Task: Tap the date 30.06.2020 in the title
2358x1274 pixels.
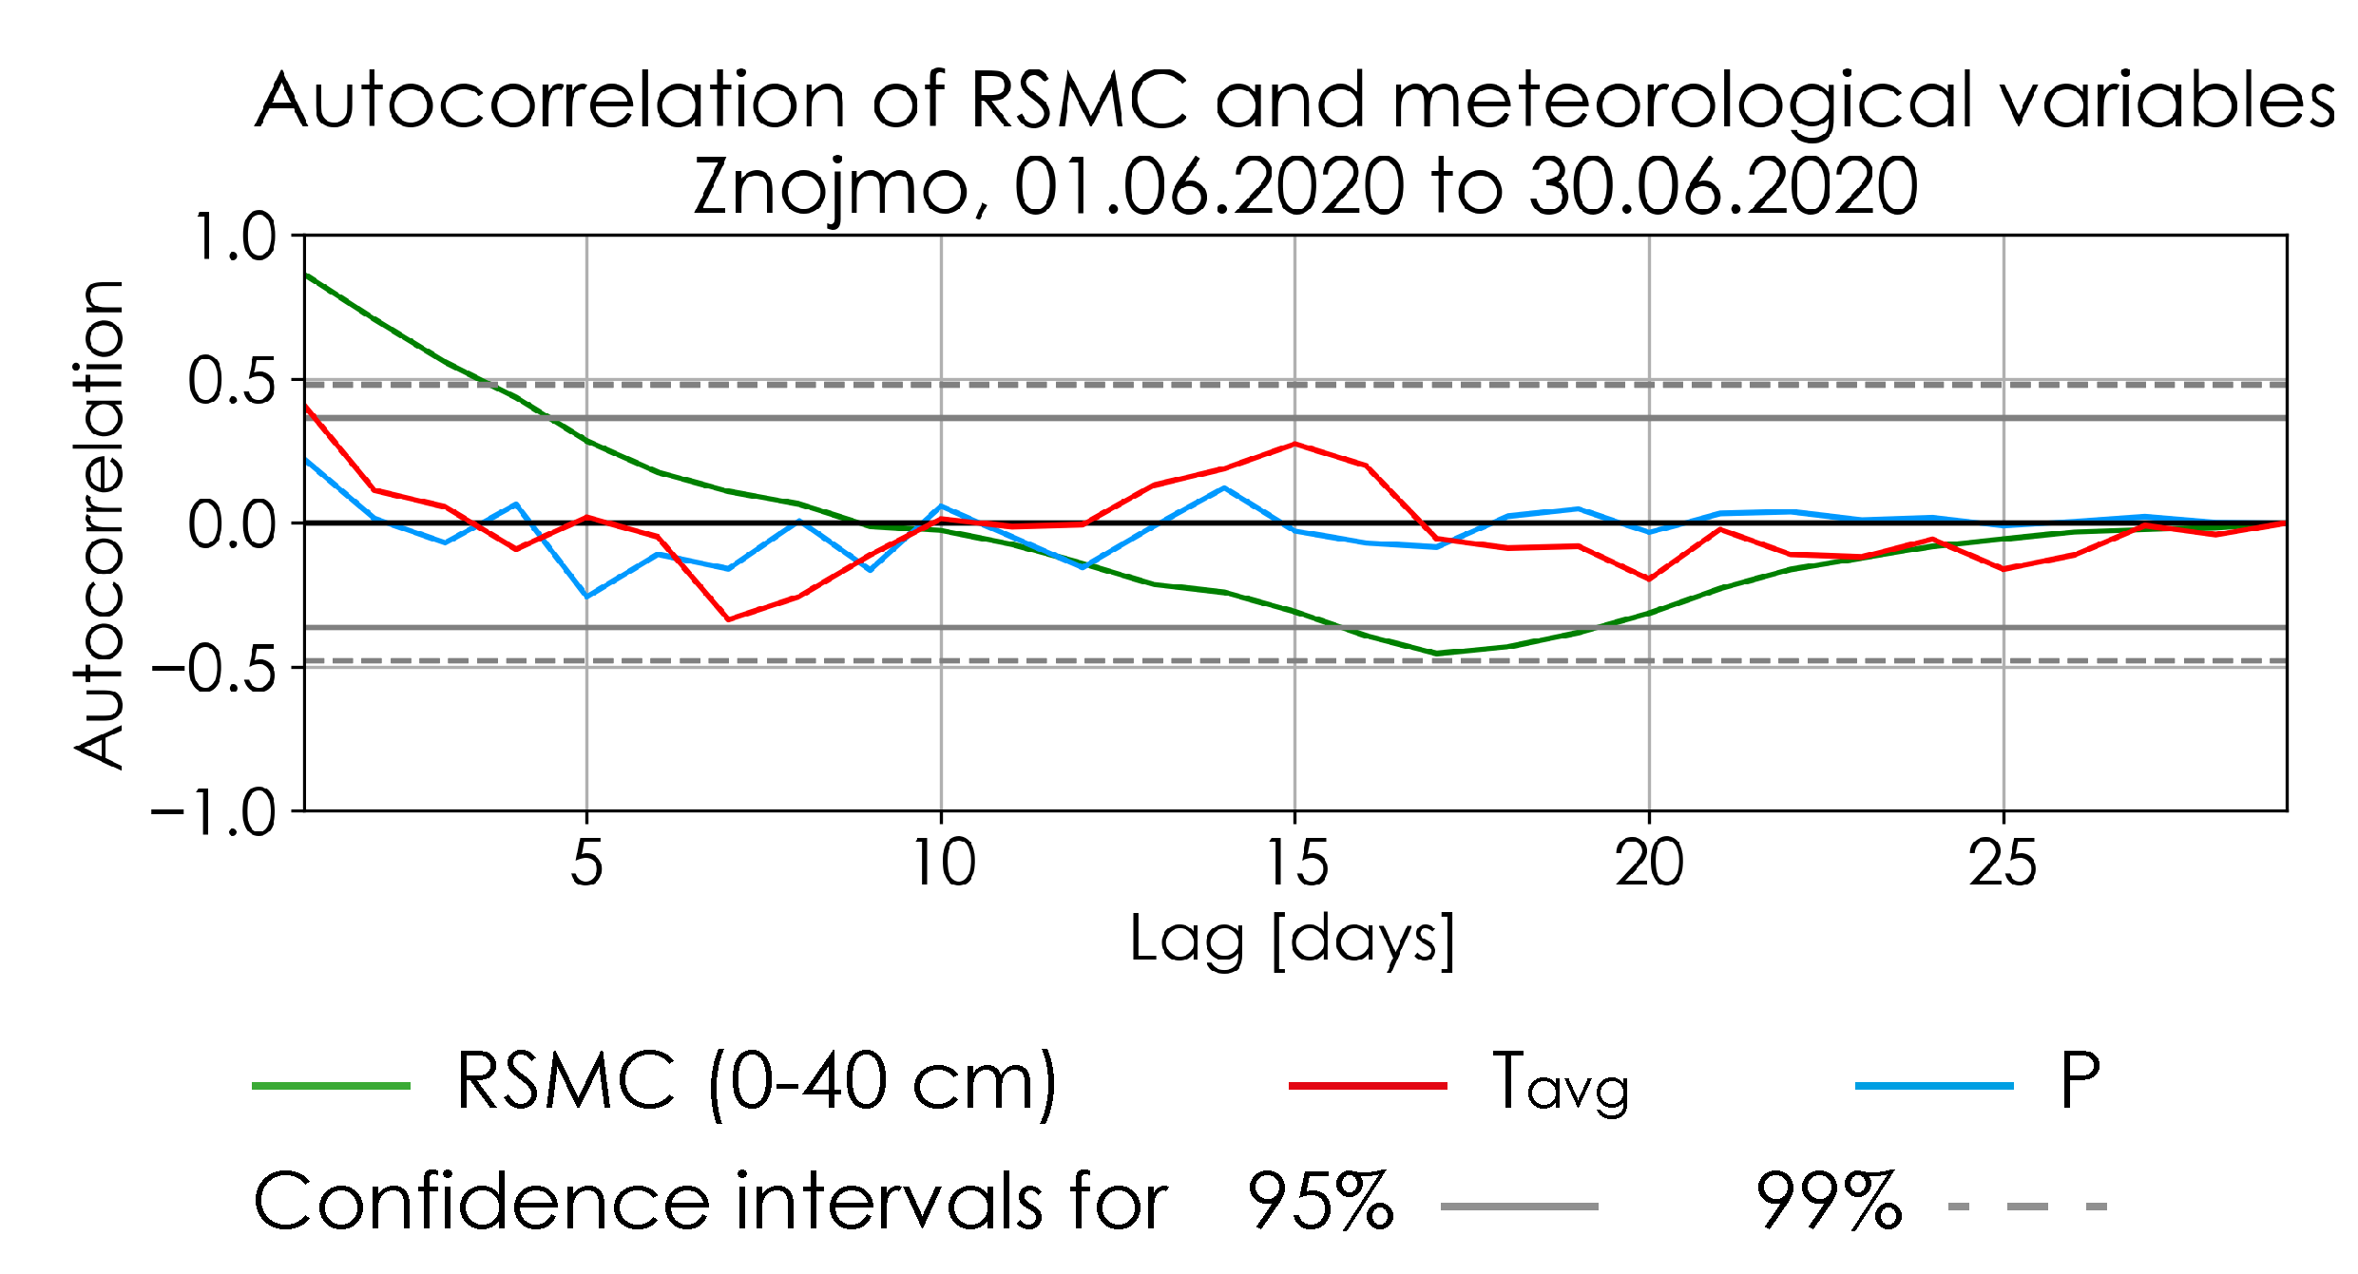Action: (x=1723, y=185)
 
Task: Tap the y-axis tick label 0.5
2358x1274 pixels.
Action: (x=232, y=381)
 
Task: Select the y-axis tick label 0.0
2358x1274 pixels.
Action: (x=232, y=524)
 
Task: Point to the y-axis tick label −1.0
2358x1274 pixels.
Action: (x=213, y=812)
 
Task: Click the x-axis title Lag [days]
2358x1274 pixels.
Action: (x=1293, y=940)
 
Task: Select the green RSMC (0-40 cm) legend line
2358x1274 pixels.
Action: (x=331, y=1085)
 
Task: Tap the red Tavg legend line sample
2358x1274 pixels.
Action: (x=1367, y=1085)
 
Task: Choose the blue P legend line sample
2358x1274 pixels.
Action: (x=1934, y=1085)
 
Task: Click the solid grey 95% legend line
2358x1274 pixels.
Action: (x=1519, y=1207)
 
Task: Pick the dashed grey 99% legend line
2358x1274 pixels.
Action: (x=2027, y=1207)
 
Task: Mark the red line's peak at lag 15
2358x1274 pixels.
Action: (x=1294, y=444)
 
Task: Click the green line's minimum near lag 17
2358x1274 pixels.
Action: (x=1436, y=654)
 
